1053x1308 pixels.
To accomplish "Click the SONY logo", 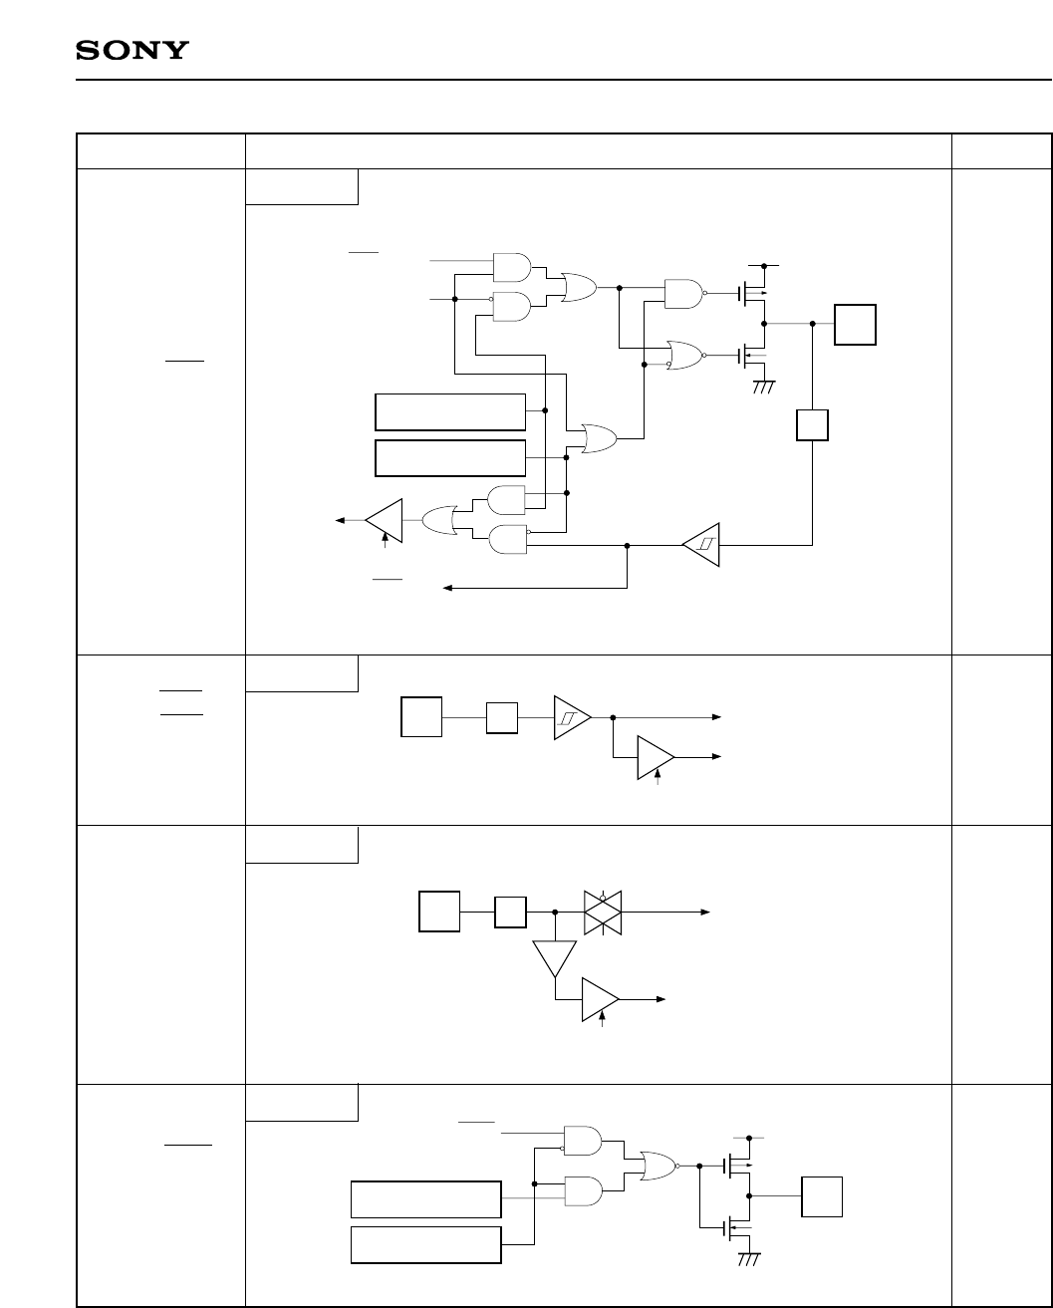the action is [x=132, y=51].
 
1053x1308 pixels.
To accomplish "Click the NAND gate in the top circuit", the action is [x=682, y=293].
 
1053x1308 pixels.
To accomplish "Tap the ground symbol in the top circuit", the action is [x=764, y=386].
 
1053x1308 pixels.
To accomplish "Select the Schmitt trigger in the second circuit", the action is [x=572, y=716].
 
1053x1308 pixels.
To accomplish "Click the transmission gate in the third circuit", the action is [x=603, y=912].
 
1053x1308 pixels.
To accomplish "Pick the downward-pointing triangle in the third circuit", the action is [x=554, y=958].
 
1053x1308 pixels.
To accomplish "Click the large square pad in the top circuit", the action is [x=856, y=324].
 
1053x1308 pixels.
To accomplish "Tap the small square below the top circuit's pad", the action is [x=812, y=426].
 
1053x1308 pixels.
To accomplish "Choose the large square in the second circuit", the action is [x=420, y=717].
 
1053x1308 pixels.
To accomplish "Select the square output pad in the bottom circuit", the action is [x=822, y=1195].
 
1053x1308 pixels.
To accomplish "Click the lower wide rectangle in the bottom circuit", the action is [x=425, y=1245].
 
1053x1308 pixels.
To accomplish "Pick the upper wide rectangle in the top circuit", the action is [x=449, y=410].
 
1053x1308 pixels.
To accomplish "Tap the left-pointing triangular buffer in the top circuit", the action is [x=385, y=519].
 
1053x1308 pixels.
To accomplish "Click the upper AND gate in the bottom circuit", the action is [x=581, y=1140].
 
